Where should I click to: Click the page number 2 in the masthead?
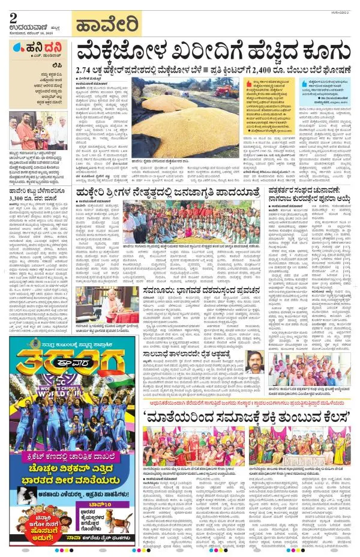13,19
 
